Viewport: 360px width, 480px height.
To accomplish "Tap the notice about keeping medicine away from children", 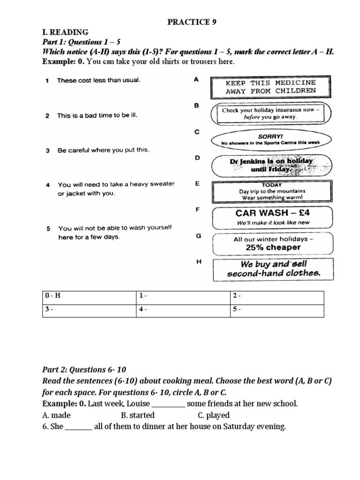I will tap(271, 87).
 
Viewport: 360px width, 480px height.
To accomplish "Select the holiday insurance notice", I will tap(271, 113).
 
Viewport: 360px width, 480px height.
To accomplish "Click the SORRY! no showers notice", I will tap(271, 139).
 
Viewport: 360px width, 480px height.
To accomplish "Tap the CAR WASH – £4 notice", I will tap(272, 217).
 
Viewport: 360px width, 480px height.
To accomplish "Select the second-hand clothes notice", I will tap(273, 269).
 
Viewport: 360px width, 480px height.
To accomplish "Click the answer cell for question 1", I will tap(183, 297).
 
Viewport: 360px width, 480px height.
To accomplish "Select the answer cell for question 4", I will tap(183, 310).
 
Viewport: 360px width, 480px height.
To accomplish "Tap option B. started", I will tap(137, 415).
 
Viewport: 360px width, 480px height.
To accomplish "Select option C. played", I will tap(213, 415).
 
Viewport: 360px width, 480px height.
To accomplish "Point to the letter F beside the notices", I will tap(197, 210).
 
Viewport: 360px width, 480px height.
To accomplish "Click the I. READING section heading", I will tap(65, 32).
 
